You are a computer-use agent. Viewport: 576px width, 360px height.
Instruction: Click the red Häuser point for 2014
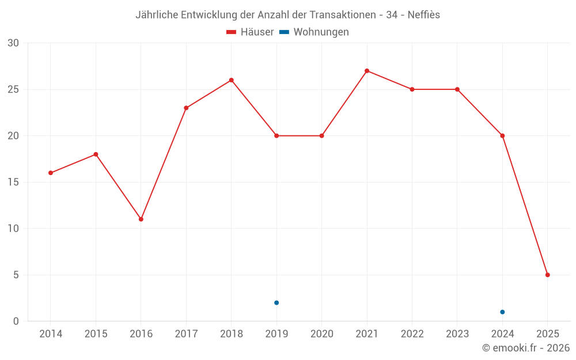(x=51, y=173)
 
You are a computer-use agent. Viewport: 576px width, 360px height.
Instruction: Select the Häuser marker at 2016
(x=141, y=219)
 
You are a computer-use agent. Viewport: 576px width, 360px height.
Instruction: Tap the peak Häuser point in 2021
(x=367, y=71)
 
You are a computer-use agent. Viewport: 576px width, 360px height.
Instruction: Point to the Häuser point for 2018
(x=232, y=80)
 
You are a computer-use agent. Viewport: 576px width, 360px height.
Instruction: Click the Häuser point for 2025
(x=548, y=275)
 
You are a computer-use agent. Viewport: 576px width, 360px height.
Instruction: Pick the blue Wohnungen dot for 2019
(x=276, y=302)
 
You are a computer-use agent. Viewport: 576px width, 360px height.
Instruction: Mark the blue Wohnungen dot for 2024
(x=502, y=312)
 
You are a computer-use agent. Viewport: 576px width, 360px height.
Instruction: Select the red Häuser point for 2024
(x=502, y=136)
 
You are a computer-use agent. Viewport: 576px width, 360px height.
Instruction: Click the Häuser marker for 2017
(x=186, y=108)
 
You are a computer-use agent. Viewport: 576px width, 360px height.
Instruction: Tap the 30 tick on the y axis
(x=13, y=43)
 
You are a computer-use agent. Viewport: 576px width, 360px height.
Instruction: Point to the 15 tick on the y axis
(x=13, y=182)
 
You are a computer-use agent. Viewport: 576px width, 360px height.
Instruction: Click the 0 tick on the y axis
(x=16, y=321)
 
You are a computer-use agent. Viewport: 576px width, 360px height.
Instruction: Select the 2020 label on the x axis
(x=321, y=334)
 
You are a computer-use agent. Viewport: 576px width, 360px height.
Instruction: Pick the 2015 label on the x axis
(x=96, y=334)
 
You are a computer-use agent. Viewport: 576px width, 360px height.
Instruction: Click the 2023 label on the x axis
(x=457, y=334)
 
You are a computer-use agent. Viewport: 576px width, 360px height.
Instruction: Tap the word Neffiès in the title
(x=423, y=15)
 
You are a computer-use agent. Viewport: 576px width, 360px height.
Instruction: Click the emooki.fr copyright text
(x=526, y=348)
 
